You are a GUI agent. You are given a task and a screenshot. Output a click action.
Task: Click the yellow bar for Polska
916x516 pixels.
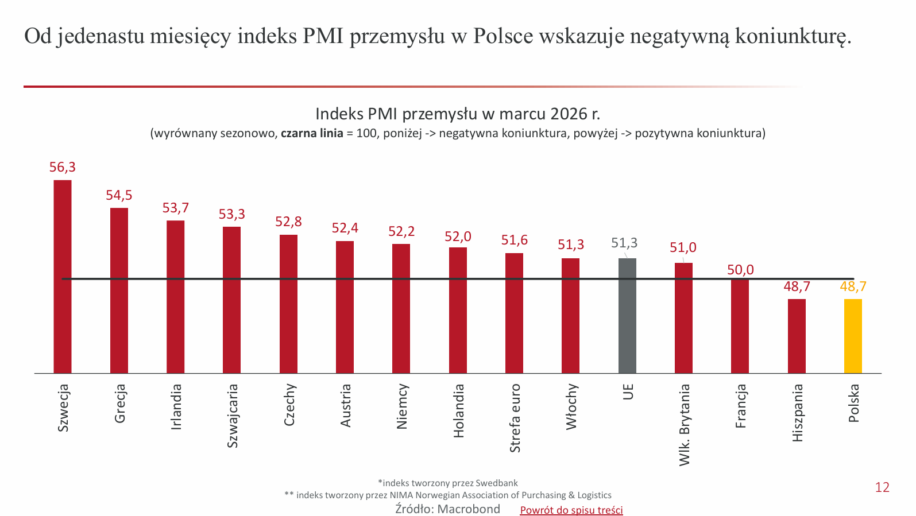coord(853,336)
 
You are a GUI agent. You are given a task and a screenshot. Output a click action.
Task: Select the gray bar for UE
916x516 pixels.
coord(627,316)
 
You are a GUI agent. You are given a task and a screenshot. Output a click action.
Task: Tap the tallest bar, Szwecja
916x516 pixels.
coord(63,277)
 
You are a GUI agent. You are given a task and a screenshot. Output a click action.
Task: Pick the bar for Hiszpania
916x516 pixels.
coord(797,336)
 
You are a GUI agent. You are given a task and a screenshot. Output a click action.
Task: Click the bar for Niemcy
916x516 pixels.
coord(401,309)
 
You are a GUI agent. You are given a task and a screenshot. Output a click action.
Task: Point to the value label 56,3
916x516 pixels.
coord(63,168)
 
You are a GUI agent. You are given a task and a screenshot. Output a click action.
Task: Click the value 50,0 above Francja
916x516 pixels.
coord(740,270)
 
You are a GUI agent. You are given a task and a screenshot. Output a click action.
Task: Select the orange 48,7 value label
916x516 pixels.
coord(853,286)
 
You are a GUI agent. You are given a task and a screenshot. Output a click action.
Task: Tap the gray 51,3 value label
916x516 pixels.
coord(624,243)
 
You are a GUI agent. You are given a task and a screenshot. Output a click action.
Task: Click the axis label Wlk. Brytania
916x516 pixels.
coord(684,425)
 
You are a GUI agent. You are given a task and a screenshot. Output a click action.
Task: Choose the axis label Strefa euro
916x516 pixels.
coord(515,418)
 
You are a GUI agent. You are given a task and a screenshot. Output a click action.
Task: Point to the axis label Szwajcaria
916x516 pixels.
coord(232,416)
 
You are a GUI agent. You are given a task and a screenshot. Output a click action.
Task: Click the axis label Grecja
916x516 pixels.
coord(119,404)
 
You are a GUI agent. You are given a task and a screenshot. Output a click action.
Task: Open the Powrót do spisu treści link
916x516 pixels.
coord(571,510)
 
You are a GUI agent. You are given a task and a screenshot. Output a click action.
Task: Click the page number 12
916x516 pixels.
coord(882,487)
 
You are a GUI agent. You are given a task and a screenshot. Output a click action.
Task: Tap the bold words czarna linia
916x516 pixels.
coord(312,134)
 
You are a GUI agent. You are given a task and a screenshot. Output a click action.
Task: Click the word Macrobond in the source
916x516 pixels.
coord(469,509)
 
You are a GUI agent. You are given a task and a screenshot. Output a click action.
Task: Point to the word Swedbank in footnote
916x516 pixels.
coord(497,483)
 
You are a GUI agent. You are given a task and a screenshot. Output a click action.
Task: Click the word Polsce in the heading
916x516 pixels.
coord(503,36)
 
